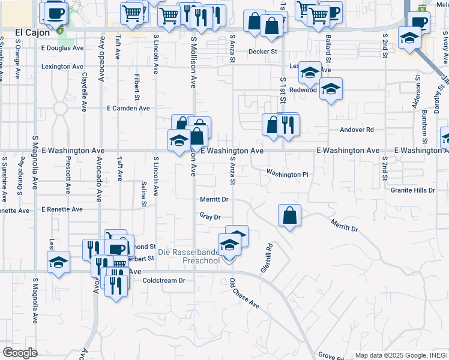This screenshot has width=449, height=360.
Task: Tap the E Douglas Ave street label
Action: [x=63, y=48]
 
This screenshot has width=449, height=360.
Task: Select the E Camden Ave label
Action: [x=128, y=109]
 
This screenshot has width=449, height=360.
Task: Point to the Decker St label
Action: [x=263, y=52]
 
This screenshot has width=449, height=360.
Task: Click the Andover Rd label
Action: [x=357, y=130]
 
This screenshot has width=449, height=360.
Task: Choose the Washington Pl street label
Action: [x=287, y=175]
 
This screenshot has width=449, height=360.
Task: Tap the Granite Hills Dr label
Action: [x=412, y=190]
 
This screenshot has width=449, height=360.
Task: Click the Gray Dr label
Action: [x=210, y=217]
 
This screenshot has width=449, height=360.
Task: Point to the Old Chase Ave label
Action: [x=244, y=294]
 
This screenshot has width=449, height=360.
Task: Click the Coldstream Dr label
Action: [x=164, y=280]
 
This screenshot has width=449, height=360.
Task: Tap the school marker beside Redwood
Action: [x=330, y=90]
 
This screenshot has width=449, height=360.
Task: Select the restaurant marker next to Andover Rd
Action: [x=289, y=125]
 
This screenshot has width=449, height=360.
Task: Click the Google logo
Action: [x=20, y=353]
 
